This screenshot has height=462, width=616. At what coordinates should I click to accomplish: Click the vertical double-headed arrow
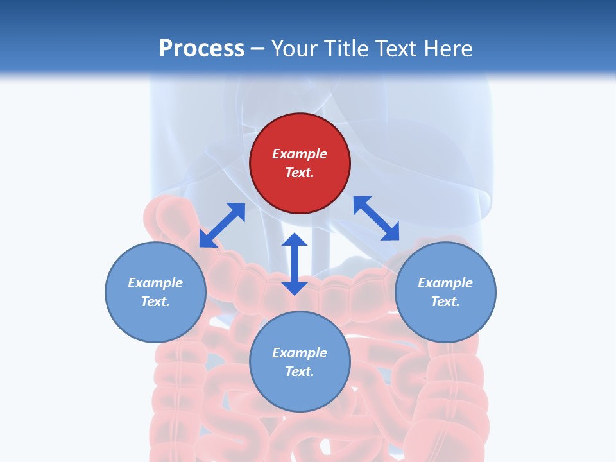[295, 264]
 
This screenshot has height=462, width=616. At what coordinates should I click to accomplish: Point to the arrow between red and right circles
[376, 218]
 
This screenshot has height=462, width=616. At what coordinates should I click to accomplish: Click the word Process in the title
[201, 49]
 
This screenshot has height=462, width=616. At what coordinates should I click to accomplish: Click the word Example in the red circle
[300, 154]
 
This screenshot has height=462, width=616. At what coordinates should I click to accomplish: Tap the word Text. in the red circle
[300, 173]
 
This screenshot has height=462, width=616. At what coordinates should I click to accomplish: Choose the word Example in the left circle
[155, 283]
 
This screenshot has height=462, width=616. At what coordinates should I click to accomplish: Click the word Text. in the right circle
[445, 302]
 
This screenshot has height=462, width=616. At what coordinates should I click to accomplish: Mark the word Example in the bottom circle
[300, 353]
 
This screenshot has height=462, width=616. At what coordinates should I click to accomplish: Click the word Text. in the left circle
[155, 302]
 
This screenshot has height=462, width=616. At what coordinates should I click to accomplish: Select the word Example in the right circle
[445, 283]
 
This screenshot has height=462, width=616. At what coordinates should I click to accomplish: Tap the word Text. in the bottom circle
[300, 372]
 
